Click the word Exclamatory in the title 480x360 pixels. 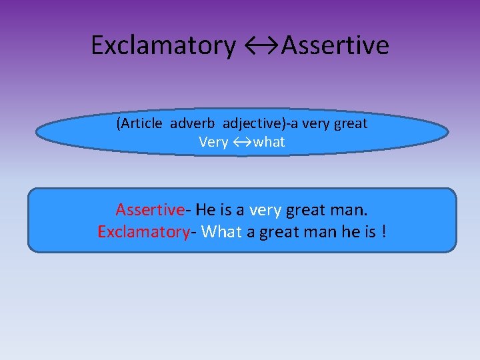[x=163, y=45]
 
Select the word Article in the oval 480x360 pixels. [x=141, y=123]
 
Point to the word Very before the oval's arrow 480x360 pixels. [x=213, y=141]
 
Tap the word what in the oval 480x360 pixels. [x=269, y=141]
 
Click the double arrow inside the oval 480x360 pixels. [x=241, y=141]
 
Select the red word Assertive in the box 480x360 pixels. [x=149, y=210]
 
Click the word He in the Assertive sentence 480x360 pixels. [x=205, y=210]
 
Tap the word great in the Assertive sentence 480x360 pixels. [x=306, y=210]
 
